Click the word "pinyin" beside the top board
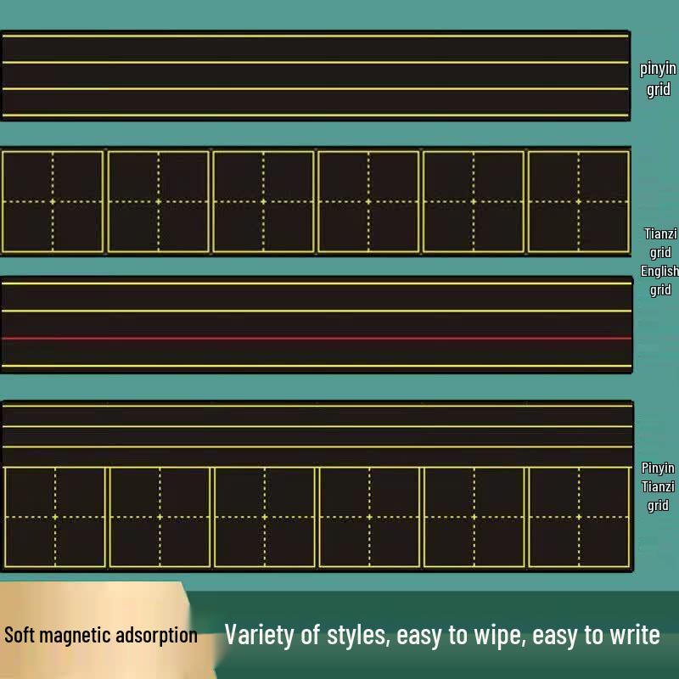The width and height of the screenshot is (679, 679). [x=658, y=69]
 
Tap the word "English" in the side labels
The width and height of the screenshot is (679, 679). [x=659, y=271]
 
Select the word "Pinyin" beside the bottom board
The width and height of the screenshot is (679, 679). [x=658, y=468]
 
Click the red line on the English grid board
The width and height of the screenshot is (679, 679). [x=317, y=338]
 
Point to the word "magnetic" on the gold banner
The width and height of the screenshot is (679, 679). [x=75, y=636]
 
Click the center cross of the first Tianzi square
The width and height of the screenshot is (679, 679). [x=53, y=201]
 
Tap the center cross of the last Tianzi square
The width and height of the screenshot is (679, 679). [x=579, y=201]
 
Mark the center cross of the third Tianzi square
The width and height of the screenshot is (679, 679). [x=263, y=201]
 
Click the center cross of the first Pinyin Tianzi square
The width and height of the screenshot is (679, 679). [x=55, y=517]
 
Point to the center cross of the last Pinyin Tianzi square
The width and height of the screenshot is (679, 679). [x=579, y=517]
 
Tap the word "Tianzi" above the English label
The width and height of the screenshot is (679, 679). [x=660, y=234]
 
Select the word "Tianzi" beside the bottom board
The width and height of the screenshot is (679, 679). [x=658, y=486]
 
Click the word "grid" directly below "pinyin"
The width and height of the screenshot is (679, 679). [x=659, y=90]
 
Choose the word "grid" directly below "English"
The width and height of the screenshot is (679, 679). [x=660, y=289]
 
